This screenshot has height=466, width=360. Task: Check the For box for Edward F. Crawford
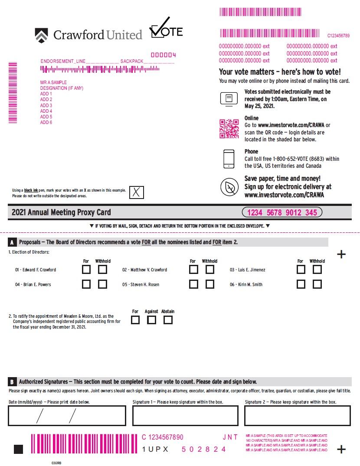[87, 270]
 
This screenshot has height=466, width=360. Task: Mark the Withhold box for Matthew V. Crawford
[210, 270]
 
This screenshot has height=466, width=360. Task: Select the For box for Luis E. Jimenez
[301, 270]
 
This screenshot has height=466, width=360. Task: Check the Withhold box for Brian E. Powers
[102, 284]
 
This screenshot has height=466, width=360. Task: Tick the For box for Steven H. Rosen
[194, 284]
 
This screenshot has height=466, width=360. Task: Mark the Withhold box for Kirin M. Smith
[317, 284]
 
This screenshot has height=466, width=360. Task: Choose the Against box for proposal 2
[151, 320]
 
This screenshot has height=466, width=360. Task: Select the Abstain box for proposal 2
[168, 320]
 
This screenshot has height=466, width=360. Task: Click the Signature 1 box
[185, 416]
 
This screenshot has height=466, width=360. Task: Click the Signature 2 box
[297, 416]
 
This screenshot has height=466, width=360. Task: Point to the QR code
[229, 129]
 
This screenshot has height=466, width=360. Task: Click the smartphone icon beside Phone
[229, 159]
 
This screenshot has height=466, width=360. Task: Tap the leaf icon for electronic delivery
[229, 187]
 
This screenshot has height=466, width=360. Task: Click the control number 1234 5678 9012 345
[281, 212]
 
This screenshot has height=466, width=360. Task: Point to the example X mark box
[137, 192]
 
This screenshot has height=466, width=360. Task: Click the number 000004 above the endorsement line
[163, 55]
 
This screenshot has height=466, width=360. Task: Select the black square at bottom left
[18, 449]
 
